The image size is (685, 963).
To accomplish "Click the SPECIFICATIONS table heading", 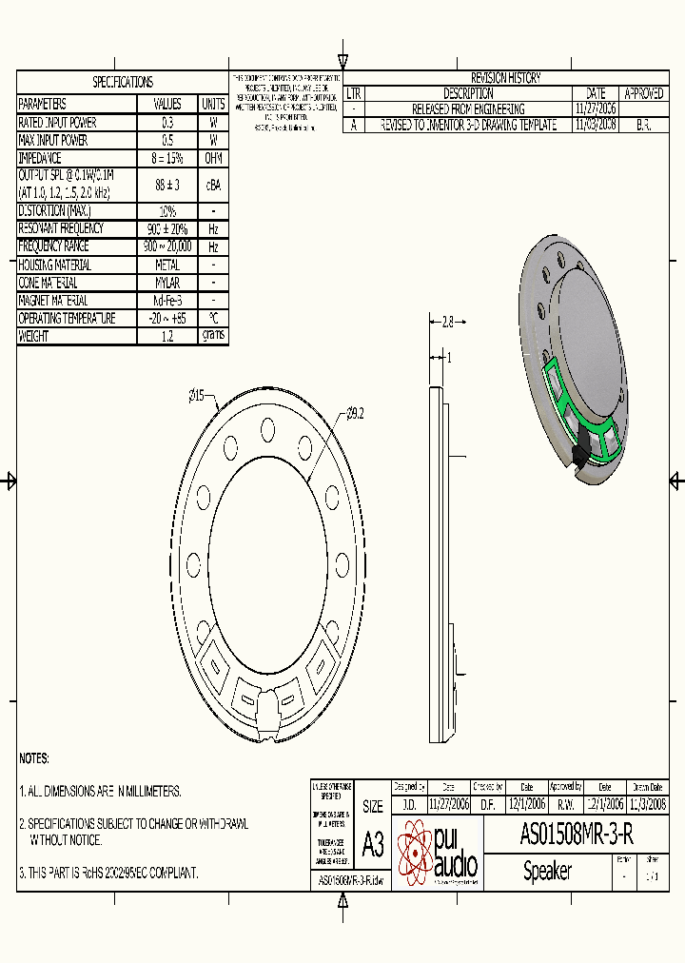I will [122, 83].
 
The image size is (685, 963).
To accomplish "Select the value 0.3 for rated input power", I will [167, 123].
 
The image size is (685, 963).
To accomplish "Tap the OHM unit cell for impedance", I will [213, 159].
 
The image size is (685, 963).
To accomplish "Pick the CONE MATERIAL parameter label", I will [48, 283].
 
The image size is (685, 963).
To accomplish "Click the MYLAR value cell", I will [167, 283].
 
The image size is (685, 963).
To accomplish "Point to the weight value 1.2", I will [167, 336].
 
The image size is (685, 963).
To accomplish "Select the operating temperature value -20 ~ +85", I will [167, 319].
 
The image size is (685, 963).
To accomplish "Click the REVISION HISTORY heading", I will [505, 78].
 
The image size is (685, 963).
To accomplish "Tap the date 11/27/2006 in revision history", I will [596, 109].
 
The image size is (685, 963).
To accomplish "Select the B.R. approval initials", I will [642, 125].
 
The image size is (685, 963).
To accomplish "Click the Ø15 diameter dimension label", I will [202, 394].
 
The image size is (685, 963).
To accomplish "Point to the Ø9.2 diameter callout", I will [355, 413].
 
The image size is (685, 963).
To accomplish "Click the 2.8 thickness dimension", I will [449, 323].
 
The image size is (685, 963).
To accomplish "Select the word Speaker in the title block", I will [547, 871].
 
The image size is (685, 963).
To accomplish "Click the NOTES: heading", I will [34, 758].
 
